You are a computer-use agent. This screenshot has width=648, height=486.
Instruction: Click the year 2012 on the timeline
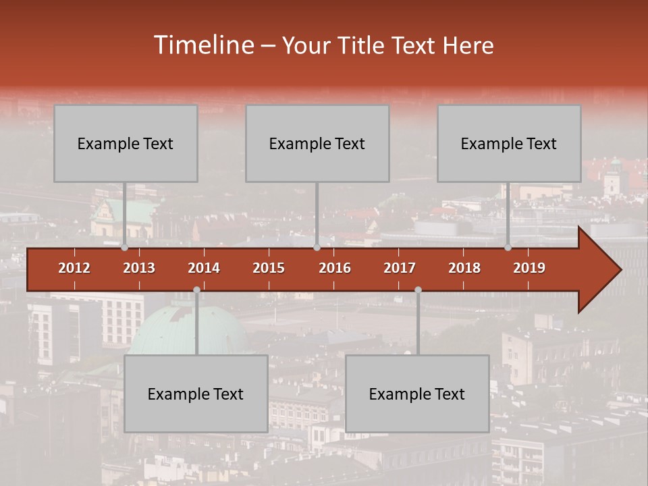pyautogui.click(x=74, y=268)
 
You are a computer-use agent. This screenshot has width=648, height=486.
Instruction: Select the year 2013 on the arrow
pyautogui.click(x=139, y=268)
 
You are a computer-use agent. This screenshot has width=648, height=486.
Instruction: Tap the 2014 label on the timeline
pyautogui.click(x=204, y=268)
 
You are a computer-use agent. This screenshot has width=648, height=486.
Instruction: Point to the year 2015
pyautogui.click(x=269, y=268)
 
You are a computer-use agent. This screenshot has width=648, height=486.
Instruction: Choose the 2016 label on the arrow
pyautogui.click(x=335, y=268)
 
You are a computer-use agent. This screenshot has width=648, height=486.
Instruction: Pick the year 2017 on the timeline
pyautogui.click(x=400, y=268)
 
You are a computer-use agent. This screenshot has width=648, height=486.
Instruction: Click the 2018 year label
pyautogui.click(x=464, y=268)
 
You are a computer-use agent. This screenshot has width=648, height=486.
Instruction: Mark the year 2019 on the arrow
pyautogui.click(x=529, y=268)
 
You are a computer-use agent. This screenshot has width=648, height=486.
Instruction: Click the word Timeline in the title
pyautogui.click(x=202, y=45)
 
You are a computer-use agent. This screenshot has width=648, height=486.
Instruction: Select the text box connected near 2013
pyautogui.click(x=126, y=143)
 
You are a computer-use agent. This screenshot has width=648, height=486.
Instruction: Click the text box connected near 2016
pyautogui.click(x=317, y=143)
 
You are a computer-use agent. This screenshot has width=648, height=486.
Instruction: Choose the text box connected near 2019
pyautogui.click(x=509, y=143)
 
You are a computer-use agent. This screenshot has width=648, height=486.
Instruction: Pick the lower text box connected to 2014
pyautogui.click(x=196, y=394)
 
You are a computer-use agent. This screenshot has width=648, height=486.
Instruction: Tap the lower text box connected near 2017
pyautogui.click(x=417, y=394)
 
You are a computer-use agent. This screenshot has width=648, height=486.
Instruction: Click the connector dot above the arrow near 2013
pyautogui.click(x=125, y=248)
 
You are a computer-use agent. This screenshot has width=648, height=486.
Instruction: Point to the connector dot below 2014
pyautogui.click(x=196, y=290)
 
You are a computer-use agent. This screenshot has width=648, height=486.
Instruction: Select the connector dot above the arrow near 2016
pyautogui.click(x=317, y=248)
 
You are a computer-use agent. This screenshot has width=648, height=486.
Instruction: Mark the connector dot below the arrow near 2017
pyautogui.click(x=418, y=290)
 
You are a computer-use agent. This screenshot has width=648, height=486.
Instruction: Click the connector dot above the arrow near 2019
pyautogui.click(x=508, y=248)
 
